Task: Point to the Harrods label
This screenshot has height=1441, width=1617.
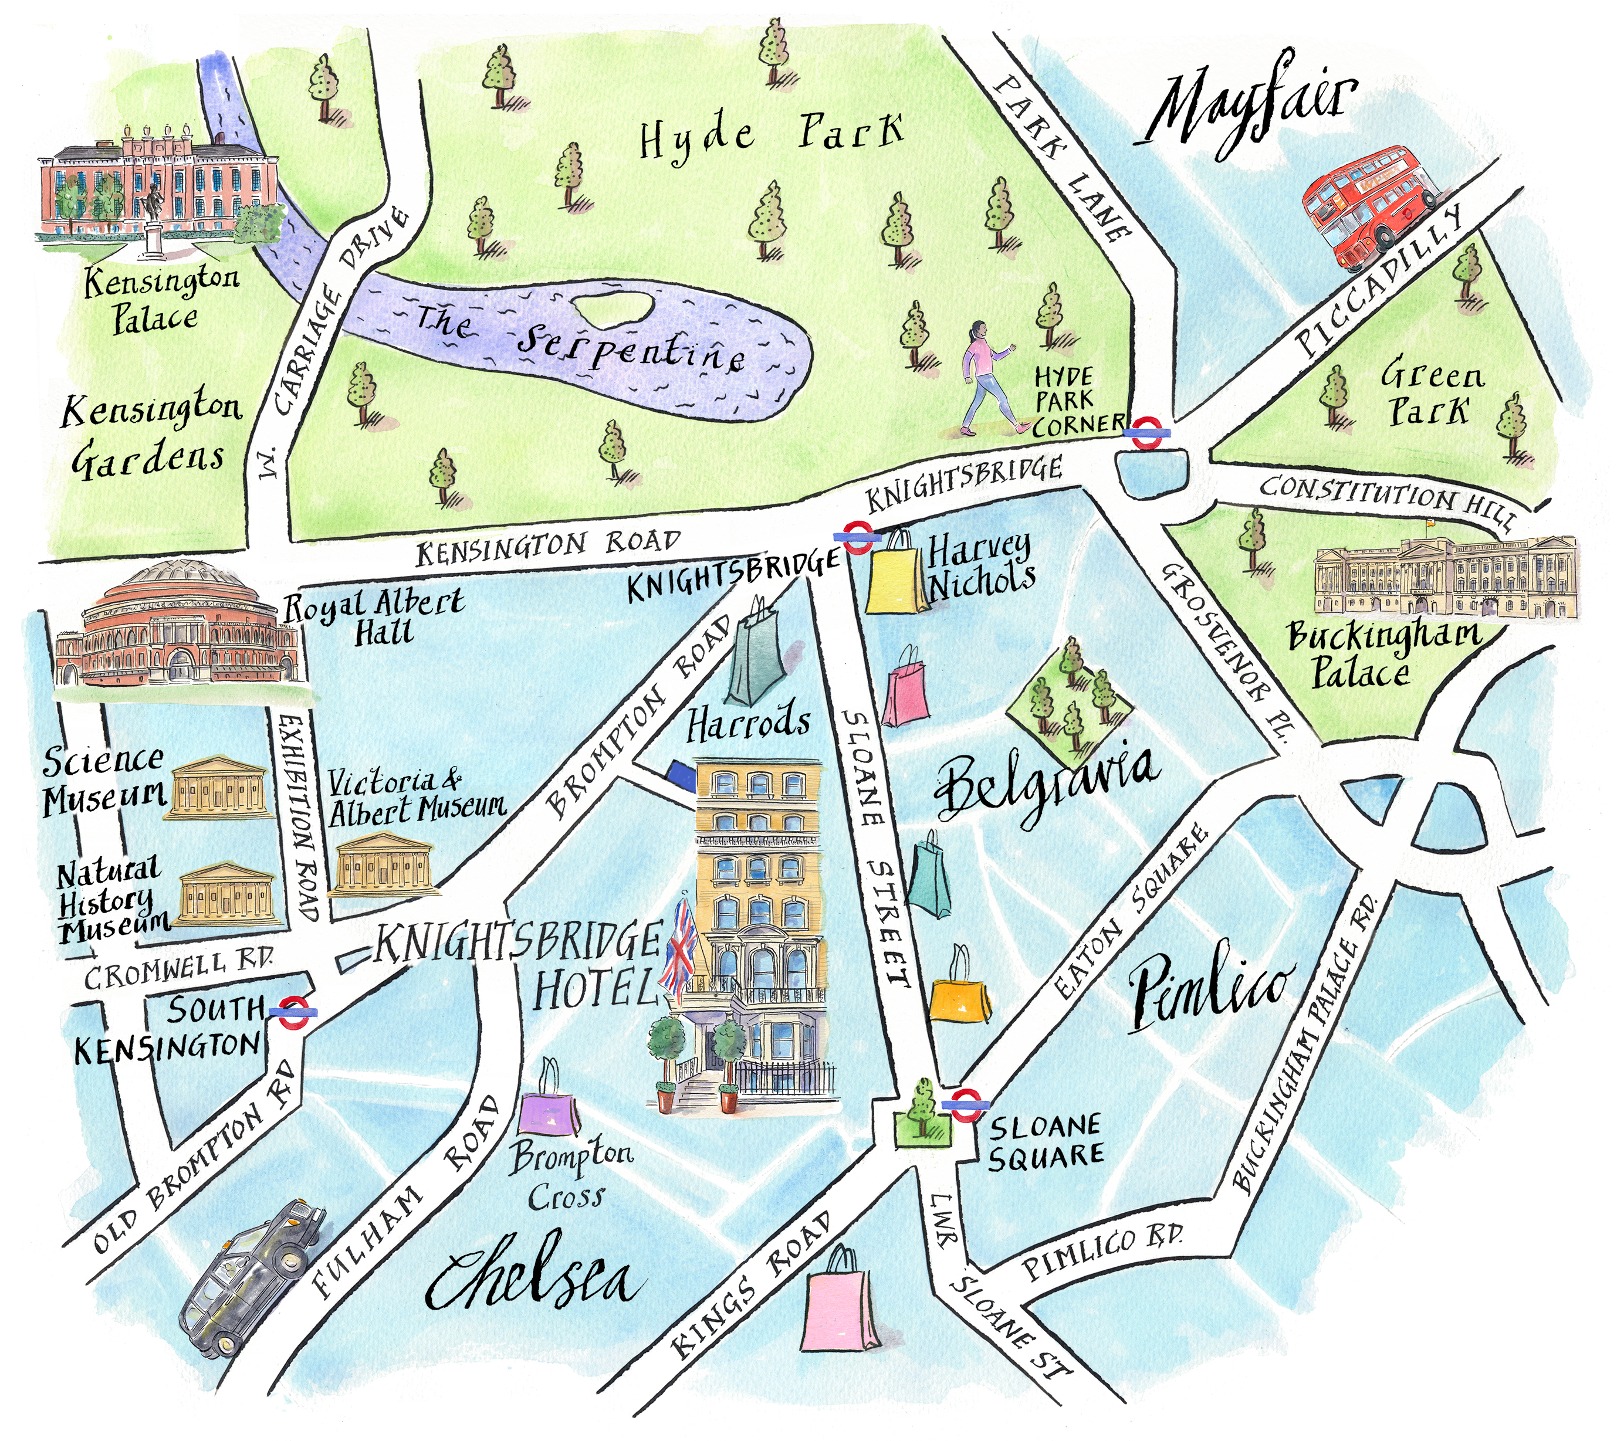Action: pos(748,724)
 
